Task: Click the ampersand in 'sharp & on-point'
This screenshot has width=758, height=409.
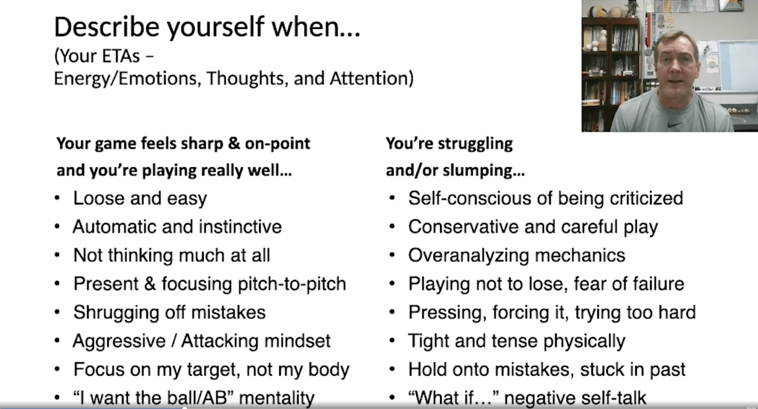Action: (234, 144)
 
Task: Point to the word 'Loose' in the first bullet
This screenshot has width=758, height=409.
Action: (99, 198)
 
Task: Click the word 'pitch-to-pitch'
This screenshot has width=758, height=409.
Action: (292, 284)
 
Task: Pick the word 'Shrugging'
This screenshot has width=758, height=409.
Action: (116, 313)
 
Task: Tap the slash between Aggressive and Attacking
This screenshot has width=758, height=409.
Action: (173, 341)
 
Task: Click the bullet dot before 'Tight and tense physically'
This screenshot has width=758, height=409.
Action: (392, 341)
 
